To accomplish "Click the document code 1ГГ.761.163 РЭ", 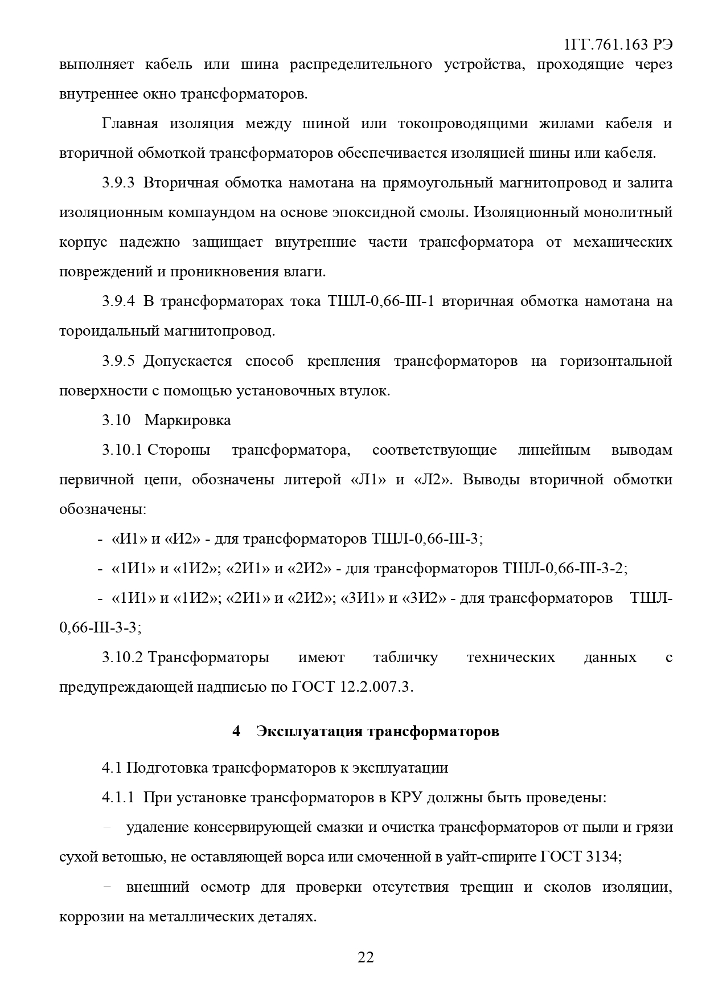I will (617, 45).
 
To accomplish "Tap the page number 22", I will (365, 957).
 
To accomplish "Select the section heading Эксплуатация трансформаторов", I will (377, 731).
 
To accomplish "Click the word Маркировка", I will (188, 421).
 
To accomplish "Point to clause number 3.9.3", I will (118, 183).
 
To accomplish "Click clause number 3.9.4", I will (118, 301).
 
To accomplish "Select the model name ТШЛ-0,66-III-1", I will (381, 301).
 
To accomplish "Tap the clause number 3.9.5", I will (118, 361).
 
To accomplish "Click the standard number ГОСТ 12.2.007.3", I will (351, 687).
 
